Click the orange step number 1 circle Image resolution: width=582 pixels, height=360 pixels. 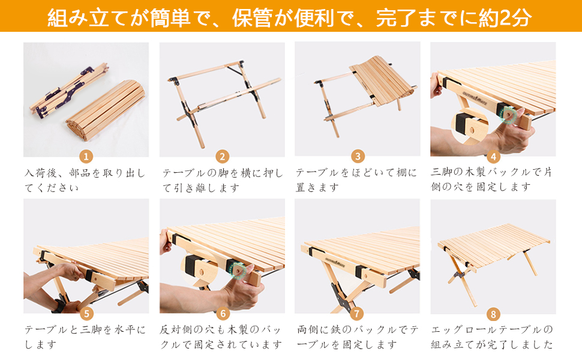coord(86,157)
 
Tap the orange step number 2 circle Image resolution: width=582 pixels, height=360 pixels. coord(222,157)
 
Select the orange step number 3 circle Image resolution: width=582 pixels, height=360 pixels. coord(358,157)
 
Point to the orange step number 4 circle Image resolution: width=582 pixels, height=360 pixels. coord(493,157)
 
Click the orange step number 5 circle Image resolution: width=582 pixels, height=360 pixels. coord(86,313)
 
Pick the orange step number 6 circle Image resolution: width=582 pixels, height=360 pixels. coord(222,313)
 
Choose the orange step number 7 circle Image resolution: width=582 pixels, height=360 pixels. coord(358,313)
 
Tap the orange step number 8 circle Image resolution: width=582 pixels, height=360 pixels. coord(493,313)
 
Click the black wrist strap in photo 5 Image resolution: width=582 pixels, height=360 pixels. coord(59,305)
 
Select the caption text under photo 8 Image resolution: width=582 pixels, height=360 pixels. coord(493,337)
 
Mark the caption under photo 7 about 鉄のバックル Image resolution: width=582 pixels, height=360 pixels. coord(358,337)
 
